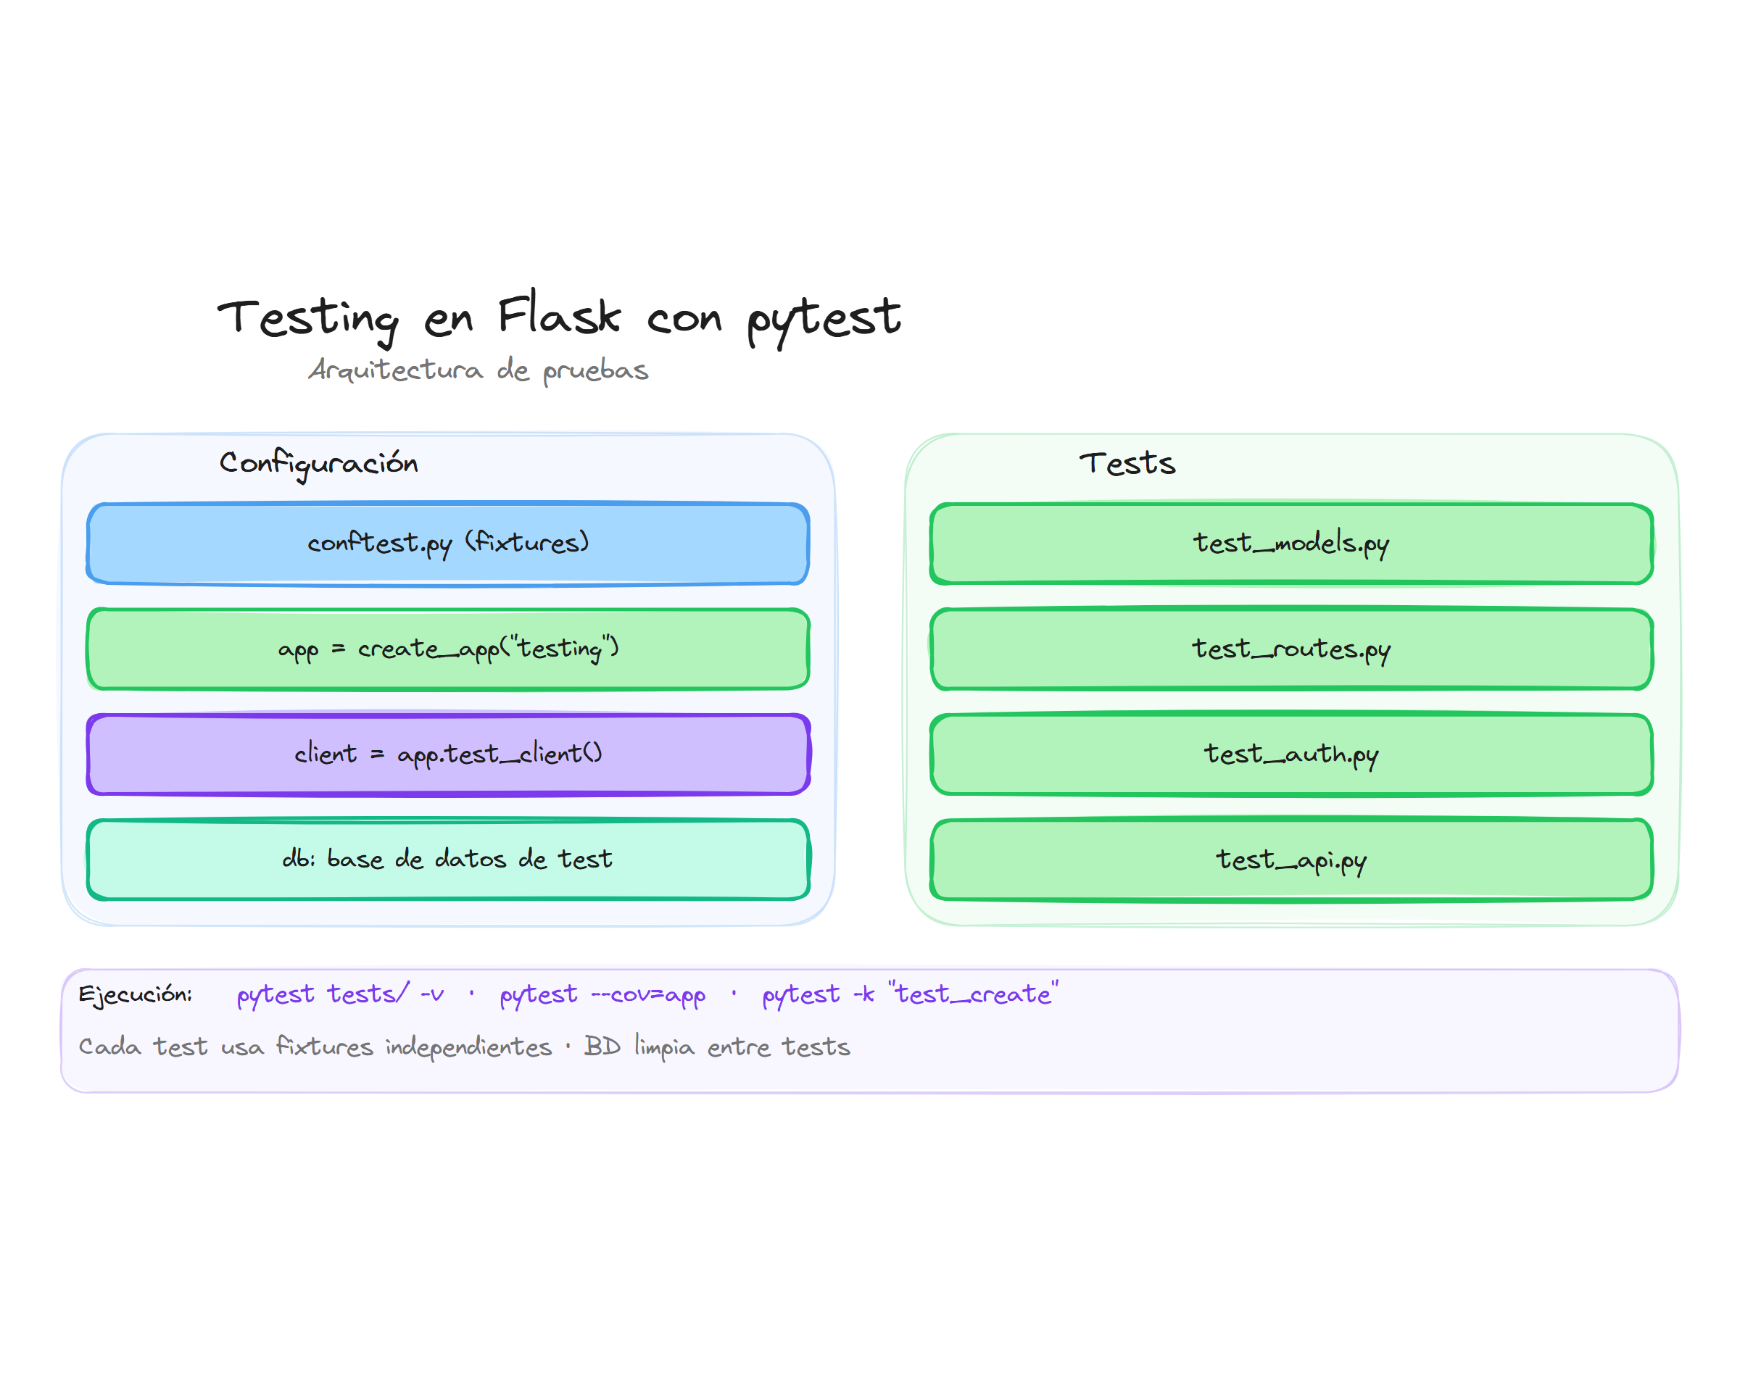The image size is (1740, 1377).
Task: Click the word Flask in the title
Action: click(559, 315)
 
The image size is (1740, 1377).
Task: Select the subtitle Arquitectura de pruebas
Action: click(478, 370)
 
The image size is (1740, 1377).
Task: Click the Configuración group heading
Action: click(318, 463)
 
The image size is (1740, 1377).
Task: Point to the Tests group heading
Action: click(1127, 463)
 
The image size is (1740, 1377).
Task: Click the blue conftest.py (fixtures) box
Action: click(447, 543)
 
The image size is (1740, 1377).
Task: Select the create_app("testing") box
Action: click(447, 648)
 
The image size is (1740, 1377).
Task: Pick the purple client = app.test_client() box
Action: click(447, 754)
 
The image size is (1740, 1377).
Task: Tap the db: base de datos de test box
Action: click(447, 860)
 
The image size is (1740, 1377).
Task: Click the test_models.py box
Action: click(1291, 543)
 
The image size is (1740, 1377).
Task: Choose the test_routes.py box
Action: click(1291, 648)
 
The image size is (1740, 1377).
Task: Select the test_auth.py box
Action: click(1291, 754)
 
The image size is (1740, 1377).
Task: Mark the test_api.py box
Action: click(1291, 860)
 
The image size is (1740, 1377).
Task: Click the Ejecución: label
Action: click(136, 994)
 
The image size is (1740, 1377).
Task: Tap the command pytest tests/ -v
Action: click(339, 994)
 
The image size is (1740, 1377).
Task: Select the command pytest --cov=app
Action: click(602, 994)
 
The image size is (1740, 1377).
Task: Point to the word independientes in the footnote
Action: click(468, 1047)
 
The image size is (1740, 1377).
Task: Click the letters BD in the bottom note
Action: click(602, 1046)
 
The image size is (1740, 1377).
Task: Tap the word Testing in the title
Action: click(308, 318)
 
